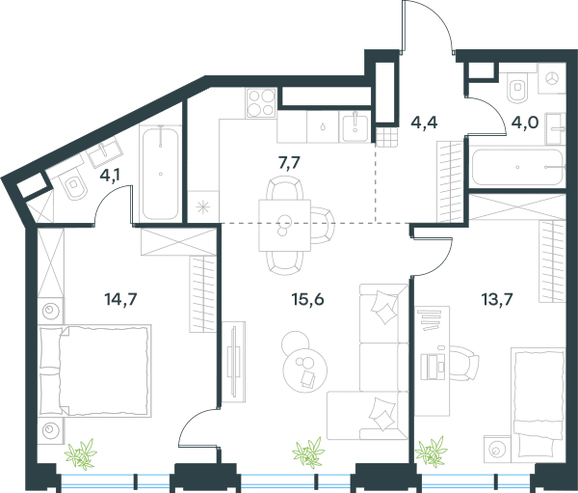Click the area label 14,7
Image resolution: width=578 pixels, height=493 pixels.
[x=121, y=299]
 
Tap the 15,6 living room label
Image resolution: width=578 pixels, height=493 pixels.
[x=307, y=299]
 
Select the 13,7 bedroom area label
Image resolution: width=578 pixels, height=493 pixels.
[x=497, y=299]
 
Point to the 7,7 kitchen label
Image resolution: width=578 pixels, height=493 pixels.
[x=289, y=163]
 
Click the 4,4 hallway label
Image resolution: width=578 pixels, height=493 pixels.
[x=424, y=122]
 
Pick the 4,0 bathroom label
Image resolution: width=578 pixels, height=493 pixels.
[x=525, y=122]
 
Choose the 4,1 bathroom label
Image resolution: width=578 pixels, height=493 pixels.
[x=110, y=176]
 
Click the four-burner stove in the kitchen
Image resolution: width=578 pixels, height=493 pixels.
[x=261, y=102]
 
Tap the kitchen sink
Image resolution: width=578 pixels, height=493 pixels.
[x=355, y=127]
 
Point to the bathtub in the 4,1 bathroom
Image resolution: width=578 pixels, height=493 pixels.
[x=160, y=173]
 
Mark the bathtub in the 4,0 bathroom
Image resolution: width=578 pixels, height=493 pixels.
[x=517, y=167]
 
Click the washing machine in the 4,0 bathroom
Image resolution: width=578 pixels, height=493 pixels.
[x=551, y=78]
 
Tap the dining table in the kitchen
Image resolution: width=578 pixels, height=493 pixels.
[x=284, y=225]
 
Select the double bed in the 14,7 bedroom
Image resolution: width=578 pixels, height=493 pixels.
[x=94, y=370]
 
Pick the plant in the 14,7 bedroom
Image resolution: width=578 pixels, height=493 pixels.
[x=81, y=453]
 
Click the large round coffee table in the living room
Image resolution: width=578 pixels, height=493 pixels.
[x=305, y=370]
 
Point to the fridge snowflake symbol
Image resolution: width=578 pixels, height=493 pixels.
[x=202, y=207]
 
